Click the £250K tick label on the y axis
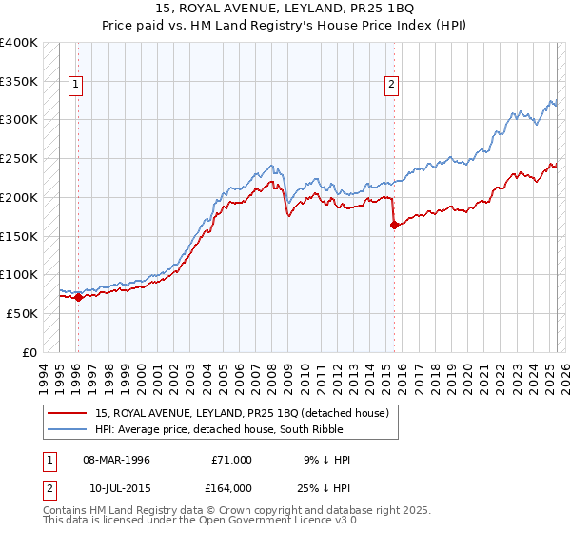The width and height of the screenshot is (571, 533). [18, 159]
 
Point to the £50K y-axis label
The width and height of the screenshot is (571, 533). [21, 313]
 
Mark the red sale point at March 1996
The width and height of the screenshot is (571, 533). [78, 297]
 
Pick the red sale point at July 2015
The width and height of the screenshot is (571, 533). [393, 226]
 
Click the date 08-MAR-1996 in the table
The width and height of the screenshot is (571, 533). [117, 460]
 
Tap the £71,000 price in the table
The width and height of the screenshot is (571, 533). [231, 460]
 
